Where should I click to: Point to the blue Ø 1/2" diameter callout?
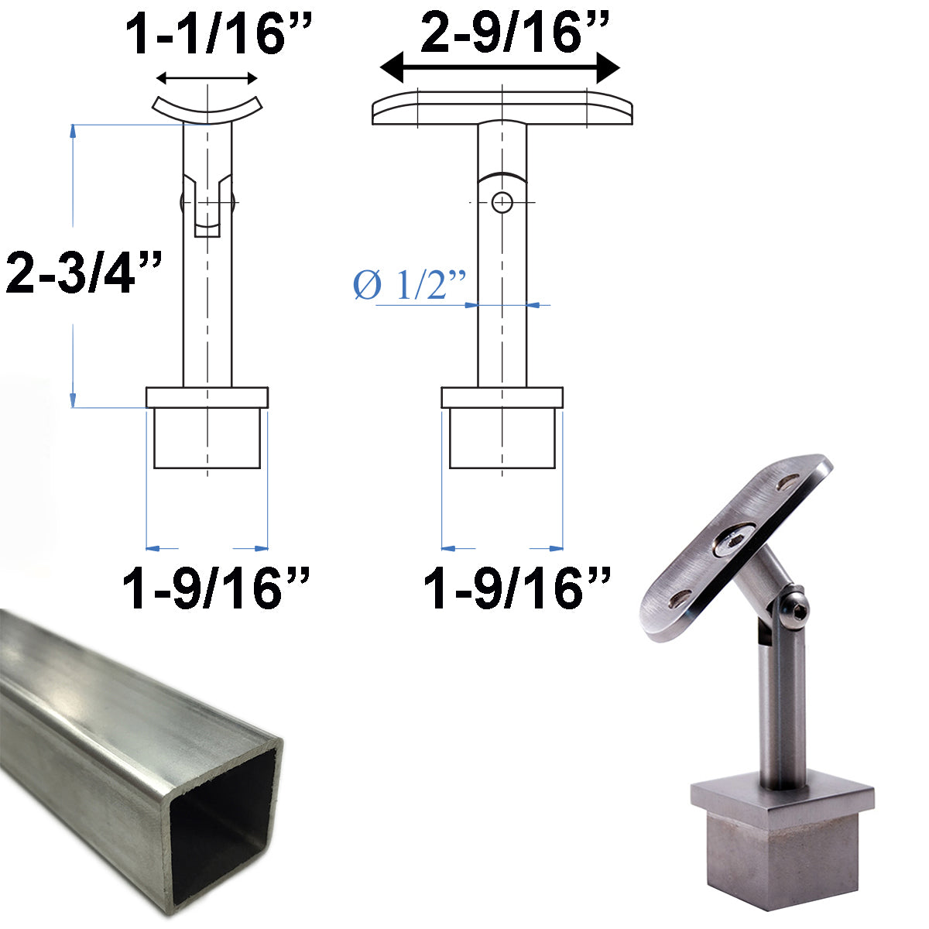tap(410, 286)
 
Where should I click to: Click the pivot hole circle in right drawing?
tap(502, 203)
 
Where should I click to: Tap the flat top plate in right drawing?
tap(502, 110)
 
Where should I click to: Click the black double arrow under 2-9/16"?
tap(500, 69)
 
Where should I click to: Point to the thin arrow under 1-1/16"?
tap(207, 77)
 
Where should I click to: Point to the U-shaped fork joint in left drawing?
tap(207, 205)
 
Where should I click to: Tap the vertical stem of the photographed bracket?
tap(779, 720)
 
